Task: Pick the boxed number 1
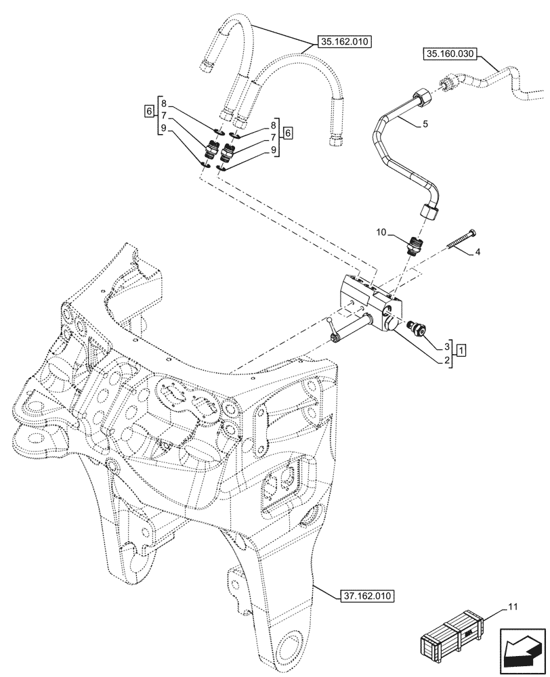[461, 350]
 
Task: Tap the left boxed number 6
[148, 111]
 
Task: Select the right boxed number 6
[288, 132]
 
